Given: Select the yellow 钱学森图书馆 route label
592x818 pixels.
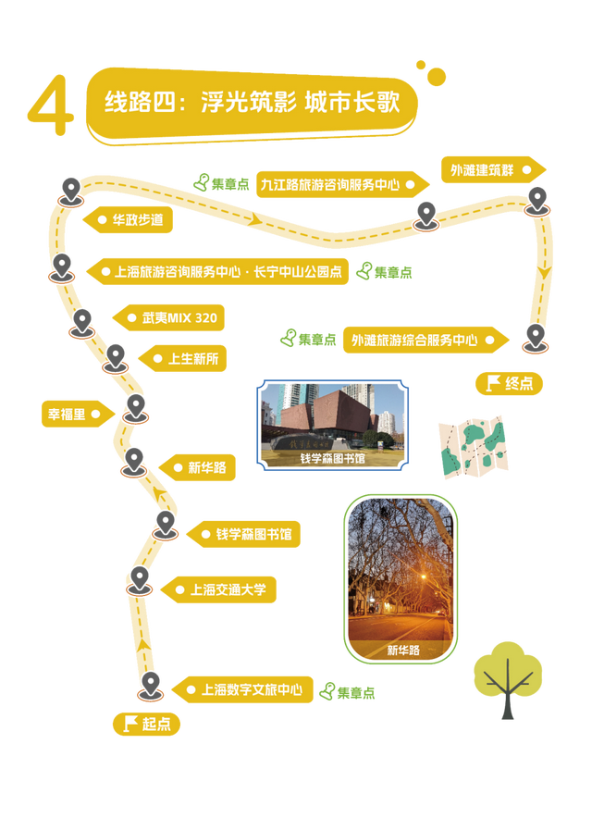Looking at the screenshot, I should click(x=246, y=534).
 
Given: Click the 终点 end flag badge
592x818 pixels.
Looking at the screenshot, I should click(x=509, y=383).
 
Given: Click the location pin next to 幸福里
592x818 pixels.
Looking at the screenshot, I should click(x=135, y=408).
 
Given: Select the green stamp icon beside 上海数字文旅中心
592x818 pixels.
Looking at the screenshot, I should click(x=327, y=689).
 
